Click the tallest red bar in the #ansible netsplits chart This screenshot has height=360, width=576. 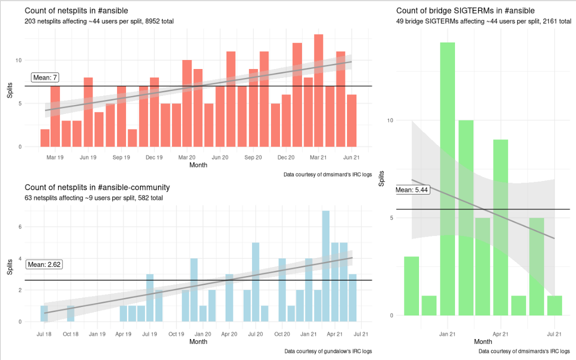(318, 90)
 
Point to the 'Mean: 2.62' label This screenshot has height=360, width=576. (44, 264)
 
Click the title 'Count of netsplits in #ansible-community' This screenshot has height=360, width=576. (97, 187)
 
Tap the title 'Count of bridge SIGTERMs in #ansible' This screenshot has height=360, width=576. (465, 10)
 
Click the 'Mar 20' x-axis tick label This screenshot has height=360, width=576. (187, 157)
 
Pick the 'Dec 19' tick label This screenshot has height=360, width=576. (154, 157)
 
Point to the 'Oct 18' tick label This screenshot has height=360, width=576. (70, 334)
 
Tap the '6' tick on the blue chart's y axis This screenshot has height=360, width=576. (20, 226)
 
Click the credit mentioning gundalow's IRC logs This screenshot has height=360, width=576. (328, 351)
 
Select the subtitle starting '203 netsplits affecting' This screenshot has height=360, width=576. (99, 21)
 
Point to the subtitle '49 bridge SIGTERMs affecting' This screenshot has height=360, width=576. (483, 21)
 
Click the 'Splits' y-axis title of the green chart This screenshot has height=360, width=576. (381, 178)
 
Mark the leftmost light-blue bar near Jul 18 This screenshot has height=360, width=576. (44, 313)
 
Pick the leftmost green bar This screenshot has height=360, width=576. (411, 286)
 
